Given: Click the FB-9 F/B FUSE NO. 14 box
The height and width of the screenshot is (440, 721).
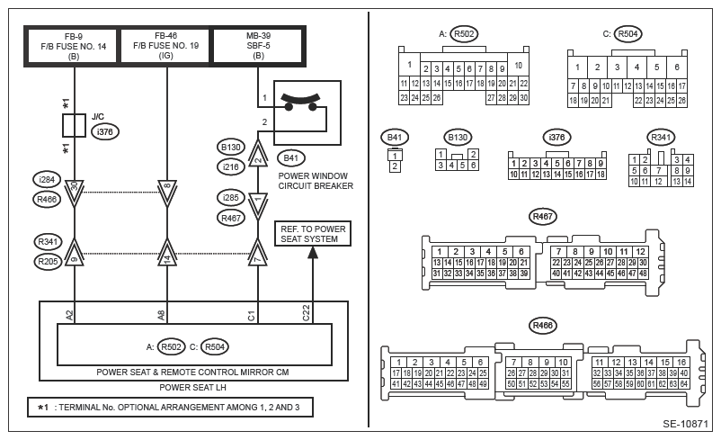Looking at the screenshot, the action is [73, 46].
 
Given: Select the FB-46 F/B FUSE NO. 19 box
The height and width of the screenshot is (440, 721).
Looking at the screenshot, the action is [165, 46].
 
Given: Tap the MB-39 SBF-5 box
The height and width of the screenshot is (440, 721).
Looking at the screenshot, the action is [258, 46].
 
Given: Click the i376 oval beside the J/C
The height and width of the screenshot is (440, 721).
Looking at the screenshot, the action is [105, 132].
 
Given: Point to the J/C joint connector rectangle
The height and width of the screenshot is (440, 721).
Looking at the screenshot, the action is [74, 125].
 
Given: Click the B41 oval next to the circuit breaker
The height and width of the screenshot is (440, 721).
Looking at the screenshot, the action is [291, 158].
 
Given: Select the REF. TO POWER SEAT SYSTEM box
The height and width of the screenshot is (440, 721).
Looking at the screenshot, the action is [313, 234].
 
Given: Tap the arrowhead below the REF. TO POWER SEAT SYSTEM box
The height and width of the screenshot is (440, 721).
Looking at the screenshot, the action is [313, 252].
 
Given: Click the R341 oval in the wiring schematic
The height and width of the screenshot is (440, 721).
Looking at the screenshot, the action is [48, 242].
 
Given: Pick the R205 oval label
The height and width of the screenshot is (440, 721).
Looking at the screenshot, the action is [48, 262].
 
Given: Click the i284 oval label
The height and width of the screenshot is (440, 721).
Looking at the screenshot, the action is [47, 180].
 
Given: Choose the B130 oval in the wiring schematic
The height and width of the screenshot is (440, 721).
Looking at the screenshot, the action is [230, 148].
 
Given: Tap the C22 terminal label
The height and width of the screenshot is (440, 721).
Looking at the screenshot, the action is [307, 313].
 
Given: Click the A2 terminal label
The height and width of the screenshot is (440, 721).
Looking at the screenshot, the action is [69, 316].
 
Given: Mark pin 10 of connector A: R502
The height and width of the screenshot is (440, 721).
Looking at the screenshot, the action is [518, 66].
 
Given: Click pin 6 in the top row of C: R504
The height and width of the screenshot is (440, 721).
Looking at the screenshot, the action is [677, 67].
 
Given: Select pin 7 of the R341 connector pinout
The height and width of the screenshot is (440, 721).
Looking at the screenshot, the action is [659, 171].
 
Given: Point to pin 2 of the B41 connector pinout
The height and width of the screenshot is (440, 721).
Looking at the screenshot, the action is [395, 166].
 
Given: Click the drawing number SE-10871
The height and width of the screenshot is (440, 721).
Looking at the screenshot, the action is [685, 424].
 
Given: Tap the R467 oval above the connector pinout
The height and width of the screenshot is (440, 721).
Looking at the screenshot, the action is [543, 217].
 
